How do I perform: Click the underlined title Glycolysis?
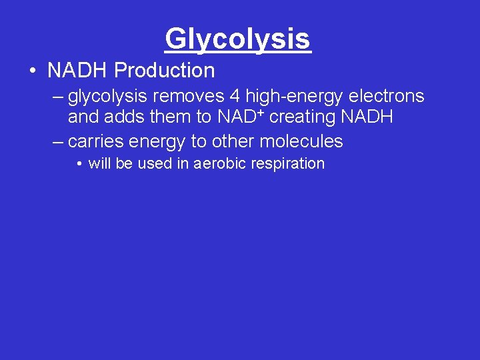(238, 39)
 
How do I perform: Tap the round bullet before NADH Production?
(31, 71)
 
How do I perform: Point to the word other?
(233, 141)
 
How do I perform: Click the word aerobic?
(221, 164)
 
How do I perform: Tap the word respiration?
(287, 164)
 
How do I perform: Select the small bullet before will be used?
(79, 164)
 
